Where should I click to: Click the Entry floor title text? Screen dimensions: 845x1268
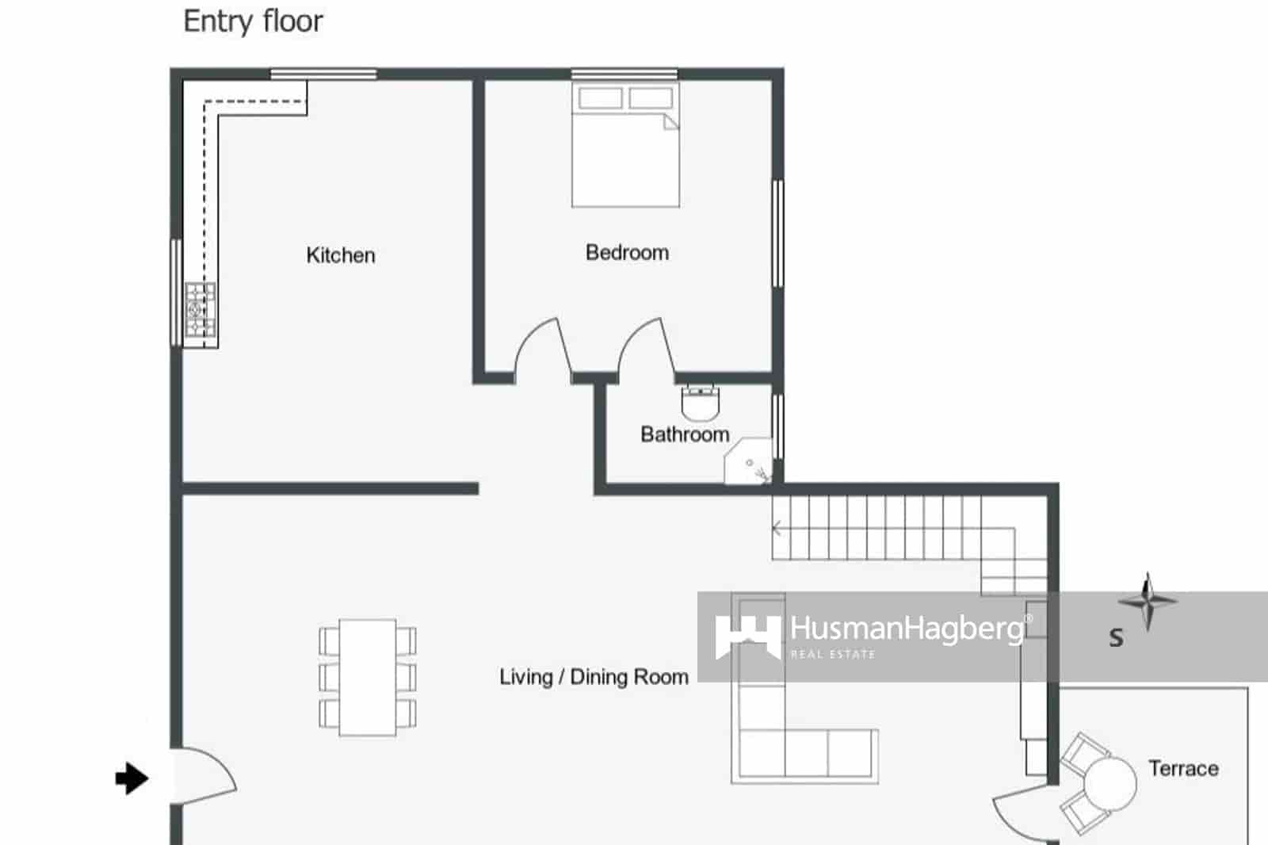[253, 21]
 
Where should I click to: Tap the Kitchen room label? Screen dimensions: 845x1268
[340, 255]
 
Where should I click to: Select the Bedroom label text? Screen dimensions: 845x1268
[627, 253]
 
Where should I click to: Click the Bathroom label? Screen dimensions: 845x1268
[684, 434]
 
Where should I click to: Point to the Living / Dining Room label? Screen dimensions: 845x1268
[594, 677]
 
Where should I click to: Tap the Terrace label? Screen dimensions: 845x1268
[1182, 768]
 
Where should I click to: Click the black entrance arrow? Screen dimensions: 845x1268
[132, 778]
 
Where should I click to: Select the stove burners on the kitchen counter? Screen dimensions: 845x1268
[200, 309]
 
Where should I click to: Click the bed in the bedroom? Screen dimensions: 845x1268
[625, 147]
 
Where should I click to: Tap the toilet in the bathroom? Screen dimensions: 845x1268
[700, 403]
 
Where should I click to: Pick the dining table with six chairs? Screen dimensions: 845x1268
[368, 678]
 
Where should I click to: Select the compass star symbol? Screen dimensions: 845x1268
[1148, 601]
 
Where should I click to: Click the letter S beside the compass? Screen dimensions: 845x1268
[1116, 637]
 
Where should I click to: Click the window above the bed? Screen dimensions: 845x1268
[624, 75]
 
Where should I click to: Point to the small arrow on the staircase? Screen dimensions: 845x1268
[777, 529]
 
